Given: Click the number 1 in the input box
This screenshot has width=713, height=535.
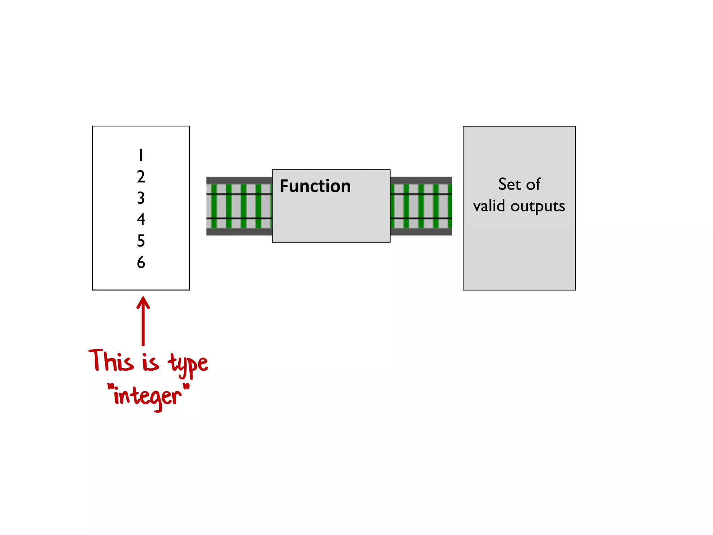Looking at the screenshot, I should (x=141, y=155).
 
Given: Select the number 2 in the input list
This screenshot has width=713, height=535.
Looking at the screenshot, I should (x=141, y=177).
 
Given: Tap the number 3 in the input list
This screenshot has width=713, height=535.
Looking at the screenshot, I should (x=141, y=198).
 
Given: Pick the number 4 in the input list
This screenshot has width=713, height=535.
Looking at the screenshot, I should (x=141, y=219).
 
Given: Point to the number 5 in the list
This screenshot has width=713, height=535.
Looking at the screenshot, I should (x=141, y=241).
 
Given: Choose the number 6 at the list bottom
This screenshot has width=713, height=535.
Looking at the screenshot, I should (x=141, y=262).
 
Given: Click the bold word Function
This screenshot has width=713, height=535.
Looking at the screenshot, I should (x=315, y=186).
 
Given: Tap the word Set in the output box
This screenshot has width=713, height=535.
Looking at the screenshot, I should (x=509, y=184).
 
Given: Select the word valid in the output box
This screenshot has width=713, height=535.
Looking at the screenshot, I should (x=489, y=206).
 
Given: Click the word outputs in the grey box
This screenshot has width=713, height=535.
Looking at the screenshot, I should (x=538, y=207).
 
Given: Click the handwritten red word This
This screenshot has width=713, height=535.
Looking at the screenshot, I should (x=111, y=360).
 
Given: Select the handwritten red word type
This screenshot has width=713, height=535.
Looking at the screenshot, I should (x=188, y=364).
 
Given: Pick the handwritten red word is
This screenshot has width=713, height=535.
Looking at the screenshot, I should (x=150, y=362).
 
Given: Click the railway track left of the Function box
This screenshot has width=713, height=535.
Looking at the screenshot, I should (x=239, y=206).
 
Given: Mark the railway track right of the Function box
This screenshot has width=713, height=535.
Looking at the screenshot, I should (x=421, y=206).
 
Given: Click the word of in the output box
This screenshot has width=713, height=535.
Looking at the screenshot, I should (x=533, y=184).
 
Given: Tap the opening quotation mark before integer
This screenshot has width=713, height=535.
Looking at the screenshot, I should (x=111, y=387).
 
